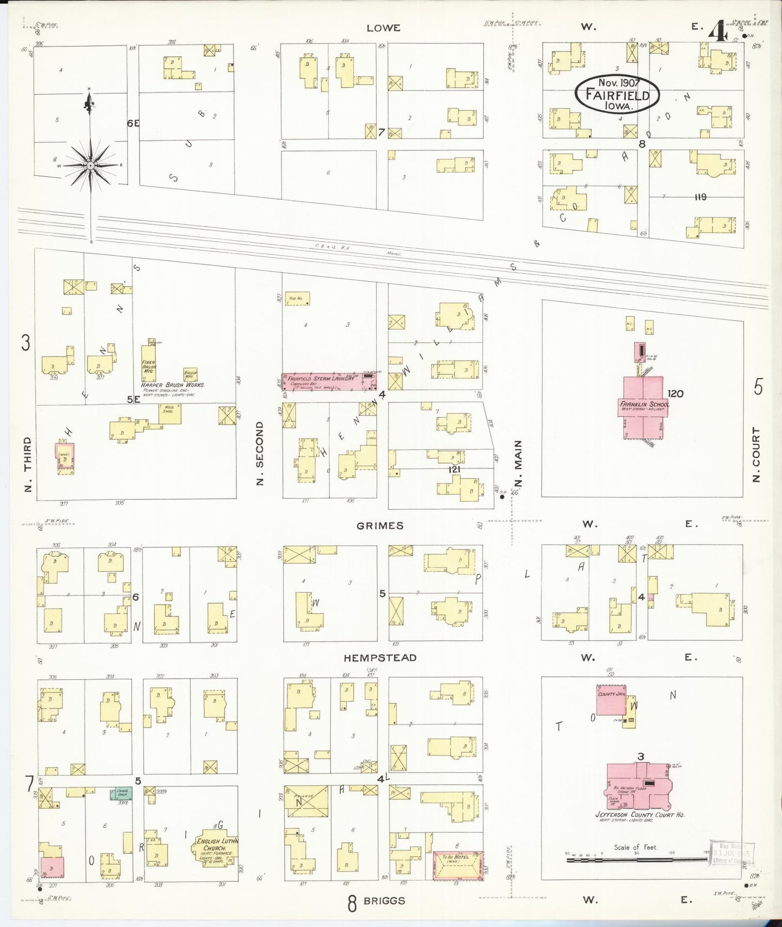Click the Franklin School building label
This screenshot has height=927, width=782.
click(644, 404)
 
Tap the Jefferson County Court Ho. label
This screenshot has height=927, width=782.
click(640, 815)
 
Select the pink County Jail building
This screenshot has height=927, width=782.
click(611, 700)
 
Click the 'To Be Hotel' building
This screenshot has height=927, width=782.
click(457, 865)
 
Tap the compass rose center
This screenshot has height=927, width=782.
click(90, 165)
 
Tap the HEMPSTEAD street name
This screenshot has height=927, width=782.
click(380, 658)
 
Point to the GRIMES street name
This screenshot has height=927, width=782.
click(380, 525)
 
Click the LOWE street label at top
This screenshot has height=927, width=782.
click(383, 28)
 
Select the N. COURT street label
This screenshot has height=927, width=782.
click(757, 454)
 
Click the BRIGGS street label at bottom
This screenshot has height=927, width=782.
click(384, 900)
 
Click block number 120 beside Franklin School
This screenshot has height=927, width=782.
click(675, 393)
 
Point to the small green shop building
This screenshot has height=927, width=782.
click(122, 793)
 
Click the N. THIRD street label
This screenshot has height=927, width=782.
click(28, 464)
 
